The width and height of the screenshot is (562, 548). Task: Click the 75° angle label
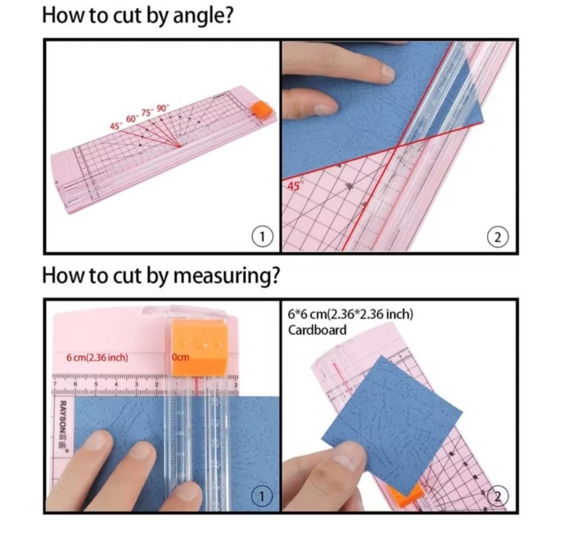click(x=148, y=113)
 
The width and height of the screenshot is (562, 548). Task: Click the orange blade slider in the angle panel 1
click(x=261, y=109)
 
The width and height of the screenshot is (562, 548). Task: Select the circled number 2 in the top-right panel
click(x=497, y=237)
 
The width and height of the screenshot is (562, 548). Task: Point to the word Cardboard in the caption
click(x=317, y=330)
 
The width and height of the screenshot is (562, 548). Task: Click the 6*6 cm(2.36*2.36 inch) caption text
click(x=350, y=314)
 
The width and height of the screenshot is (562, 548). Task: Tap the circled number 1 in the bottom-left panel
click(x=261, y=496)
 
